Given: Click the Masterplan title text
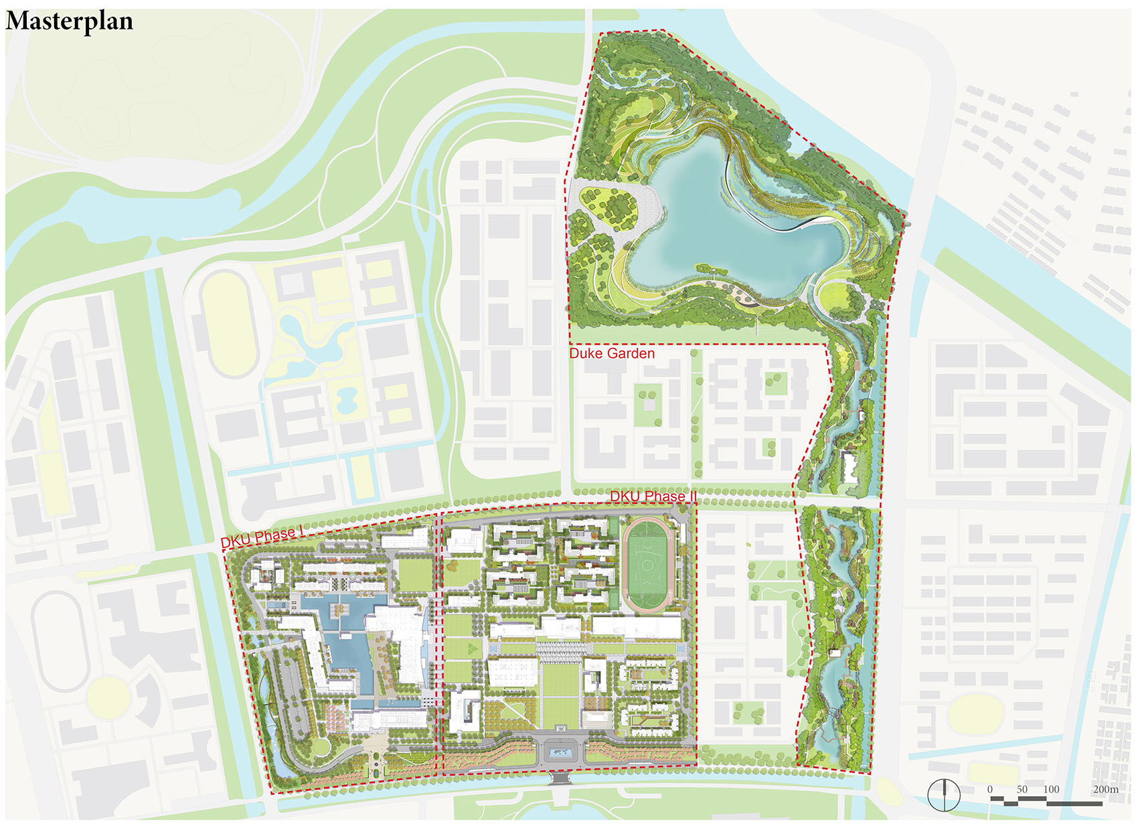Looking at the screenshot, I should [70, 21].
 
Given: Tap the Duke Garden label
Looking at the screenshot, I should [612, 353].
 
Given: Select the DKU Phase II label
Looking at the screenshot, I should [653, 496].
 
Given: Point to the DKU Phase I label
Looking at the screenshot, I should [262, 537].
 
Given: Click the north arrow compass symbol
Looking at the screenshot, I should [944, 795].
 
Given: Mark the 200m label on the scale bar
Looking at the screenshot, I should [1105, 790].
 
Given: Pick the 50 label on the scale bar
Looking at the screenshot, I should [1022, 790].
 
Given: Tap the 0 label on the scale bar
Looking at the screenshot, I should [990, 790].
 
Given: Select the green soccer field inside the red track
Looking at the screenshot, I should [647, 566].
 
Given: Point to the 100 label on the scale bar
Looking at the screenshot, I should [1051, 790].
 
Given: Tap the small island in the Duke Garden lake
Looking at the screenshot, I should [711, 269].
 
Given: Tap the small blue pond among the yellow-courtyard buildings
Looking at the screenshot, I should [346, 401].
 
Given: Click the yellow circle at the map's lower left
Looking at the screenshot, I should [107, 696].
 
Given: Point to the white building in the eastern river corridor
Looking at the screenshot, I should [849, 466].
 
